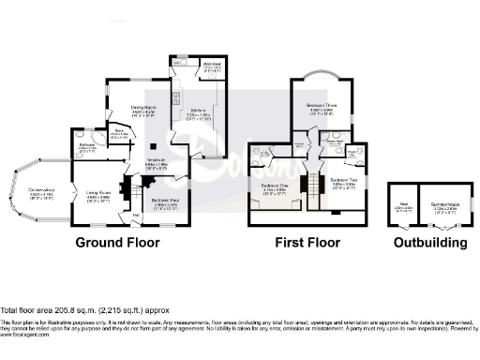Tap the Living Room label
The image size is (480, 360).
pyautogui.click(x=85, y=195)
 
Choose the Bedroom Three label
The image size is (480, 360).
pyautogui.click(x=321, y=107)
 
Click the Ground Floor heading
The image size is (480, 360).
pyautogui.click(x=117, y=242)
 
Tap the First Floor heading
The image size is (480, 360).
pyautogui.click(x=307, y=242)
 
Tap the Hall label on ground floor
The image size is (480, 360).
pyautogui.click(x=122, y=215)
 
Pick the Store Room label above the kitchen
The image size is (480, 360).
pyautogui.click(x=211, y=67)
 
